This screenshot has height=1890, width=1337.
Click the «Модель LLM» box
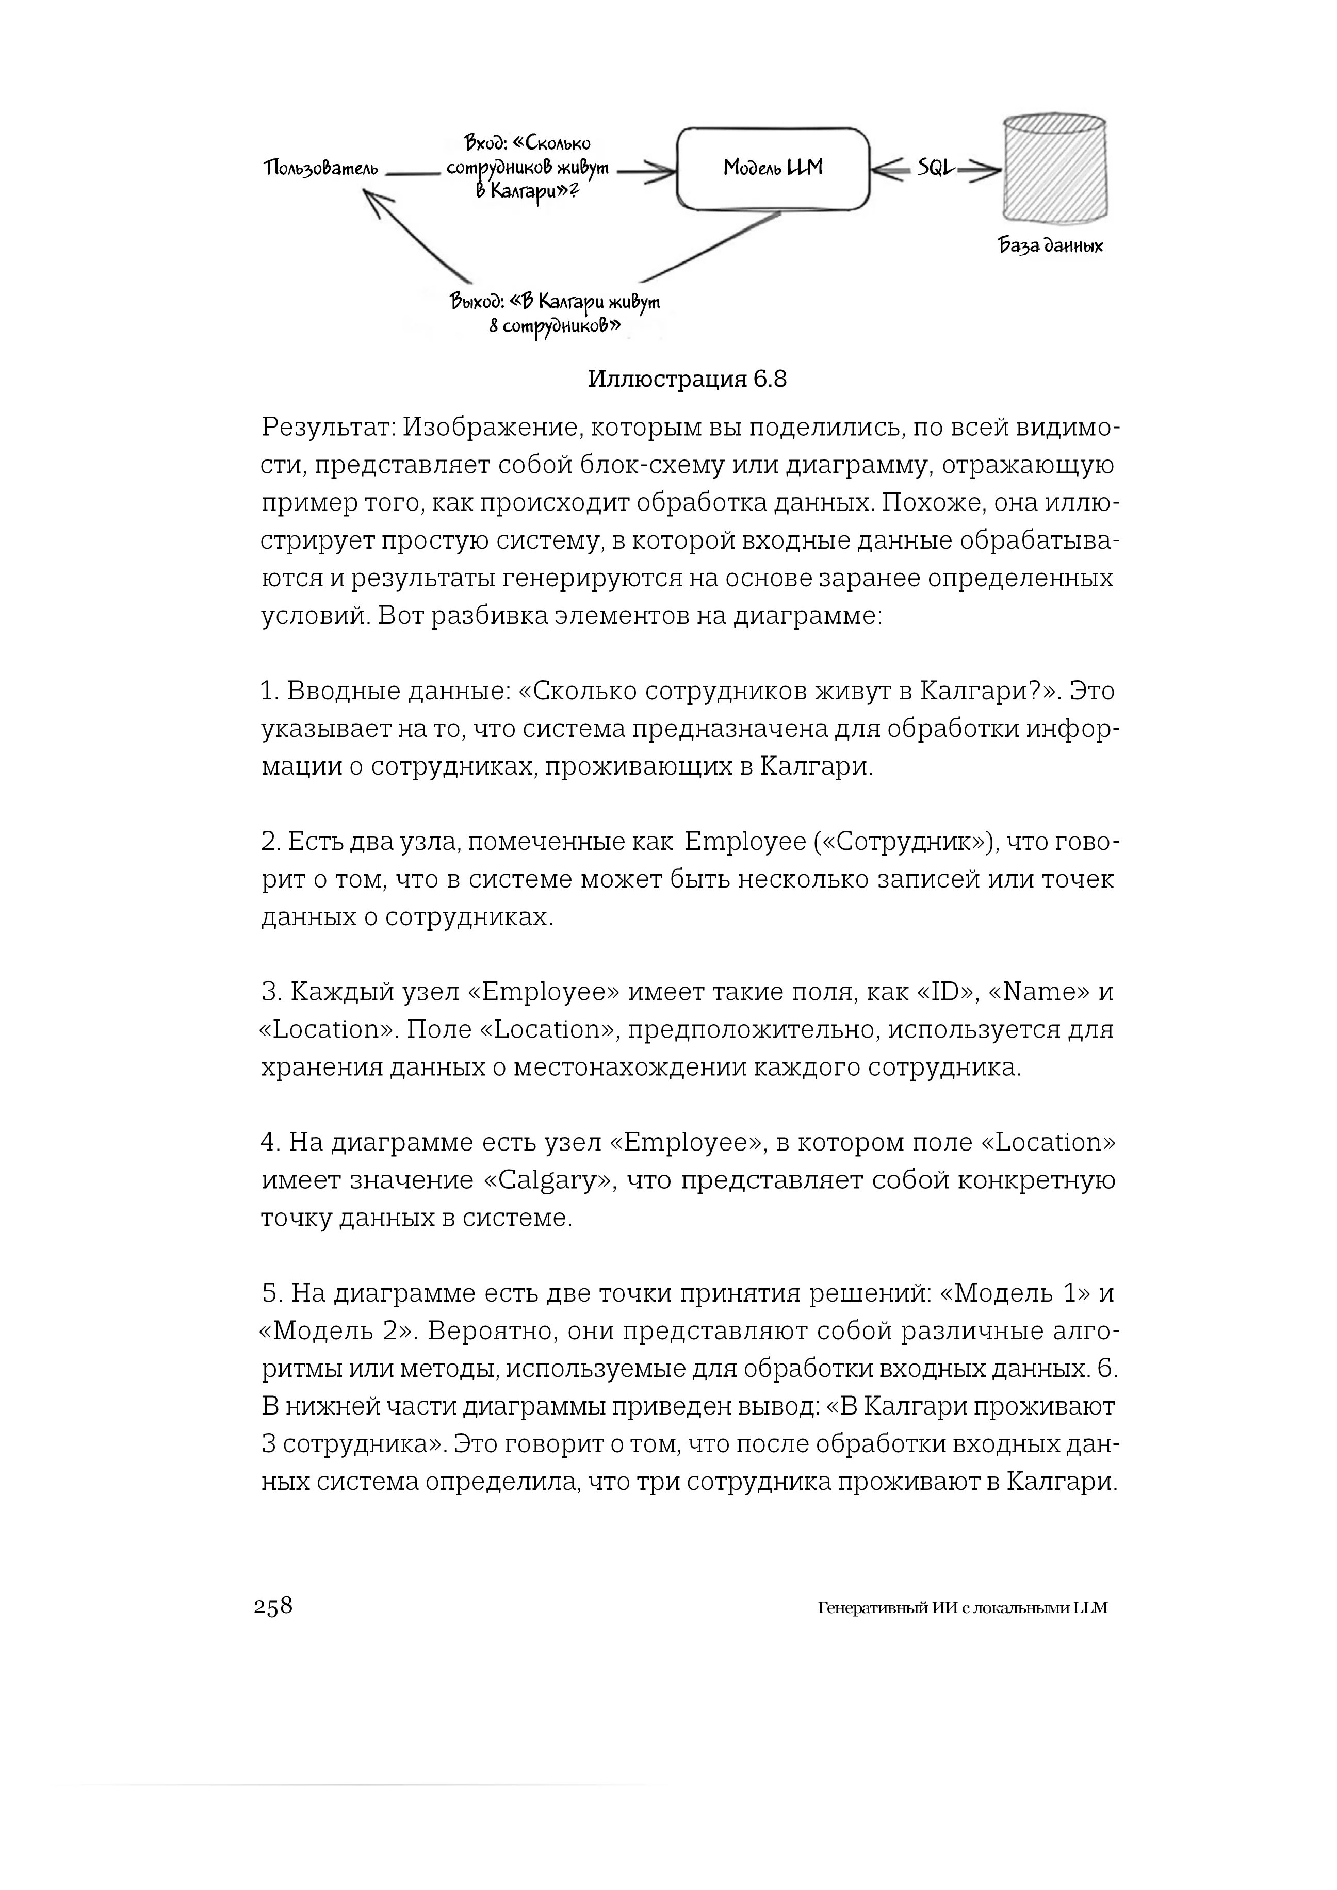772,169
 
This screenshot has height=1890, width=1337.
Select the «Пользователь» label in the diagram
321,170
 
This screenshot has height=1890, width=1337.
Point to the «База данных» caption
1051,245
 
